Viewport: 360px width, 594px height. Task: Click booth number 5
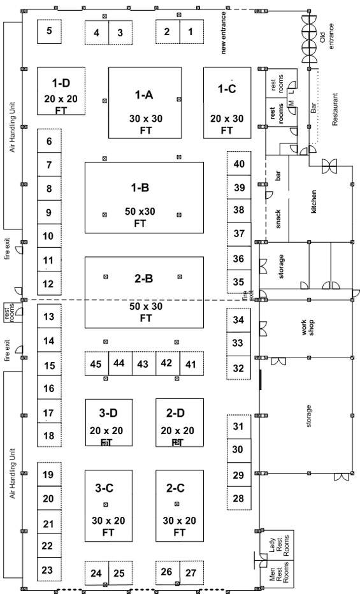[49, 31]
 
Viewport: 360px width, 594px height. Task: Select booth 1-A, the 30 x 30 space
[145, 103]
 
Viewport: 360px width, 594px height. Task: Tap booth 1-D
[61, 91]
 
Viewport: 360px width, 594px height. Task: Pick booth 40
[239, 163]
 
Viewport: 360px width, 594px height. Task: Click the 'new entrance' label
[224, 33]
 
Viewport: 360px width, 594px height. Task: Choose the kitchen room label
[313, 201]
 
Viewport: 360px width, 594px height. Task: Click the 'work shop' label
[307, 328]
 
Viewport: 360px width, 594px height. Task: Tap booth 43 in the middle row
[144, 364]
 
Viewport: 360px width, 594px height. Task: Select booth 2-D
[180, 423]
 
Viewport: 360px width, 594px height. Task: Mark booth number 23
[49, 569]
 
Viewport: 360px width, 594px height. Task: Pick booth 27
[192, 573]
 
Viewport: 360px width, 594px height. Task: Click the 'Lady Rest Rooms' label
[279, 546]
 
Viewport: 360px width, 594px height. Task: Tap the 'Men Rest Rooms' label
[279, 572]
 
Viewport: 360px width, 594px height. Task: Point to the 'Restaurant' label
[335, 110]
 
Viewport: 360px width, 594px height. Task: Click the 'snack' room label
[278, 219]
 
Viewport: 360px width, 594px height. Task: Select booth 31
[239, 426]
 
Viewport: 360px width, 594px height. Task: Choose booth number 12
[49, 283]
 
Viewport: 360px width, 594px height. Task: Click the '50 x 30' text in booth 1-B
[140, 212]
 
